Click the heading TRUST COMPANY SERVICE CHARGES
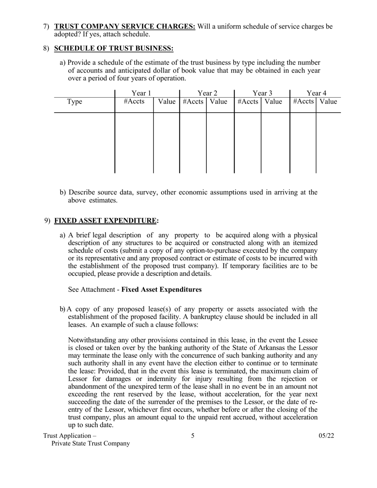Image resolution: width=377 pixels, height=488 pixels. (x=125, y=27)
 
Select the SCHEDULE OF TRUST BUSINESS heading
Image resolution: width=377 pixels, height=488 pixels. (x=113, y=48)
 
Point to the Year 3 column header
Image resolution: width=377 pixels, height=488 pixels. (x=262, y=93)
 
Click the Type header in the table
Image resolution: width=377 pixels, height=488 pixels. (x=75, y=102)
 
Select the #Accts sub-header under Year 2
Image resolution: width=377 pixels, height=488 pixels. (x=193, y=102)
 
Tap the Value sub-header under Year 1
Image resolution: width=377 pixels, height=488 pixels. (x=167, y=102)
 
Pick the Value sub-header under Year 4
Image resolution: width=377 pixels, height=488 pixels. (x=328, y=102)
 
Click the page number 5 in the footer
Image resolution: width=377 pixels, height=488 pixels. (x=193, y=436)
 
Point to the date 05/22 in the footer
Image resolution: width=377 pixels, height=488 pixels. (x=326, y=436)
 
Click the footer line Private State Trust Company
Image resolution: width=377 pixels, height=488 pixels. (x=90, y=444)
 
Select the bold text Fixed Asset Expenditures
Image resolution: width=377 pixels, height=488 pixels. (x=161, y=290)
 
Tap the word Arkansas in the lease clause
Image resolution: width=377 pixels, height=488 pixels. (x=251, y=348)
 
